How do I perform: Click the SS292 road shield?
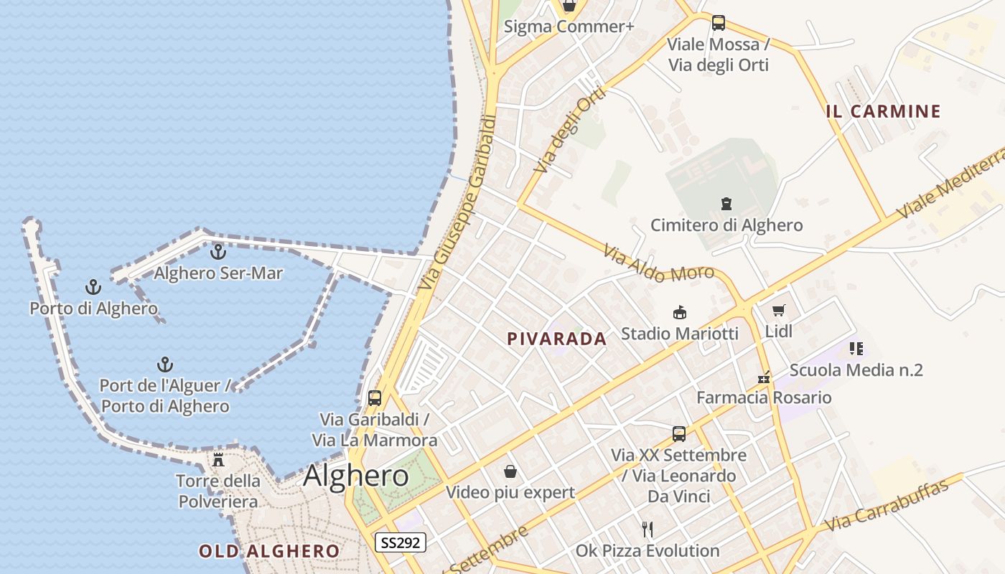click(x=401, y=542)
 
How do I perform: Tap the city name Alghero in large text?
click(x=356, y=476)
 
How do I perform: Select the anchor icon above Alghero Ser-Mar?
click(x=218, y=252)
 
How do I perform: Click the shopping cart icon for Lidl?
click(x=779, y=311)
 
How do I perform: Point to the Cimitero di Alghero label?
click(x=726, y=225)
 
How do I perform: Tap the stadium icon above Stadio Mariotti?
click(x=679, y=312)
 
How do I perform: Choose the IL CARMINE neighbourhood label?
click(x=883, y=111)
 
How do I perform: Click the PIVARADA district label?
click(x=557, y=339)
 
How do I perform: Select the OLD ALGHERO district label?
click(x=269, y=551)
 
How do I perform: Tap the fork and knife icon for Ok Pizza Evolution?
click(x=648, y=530)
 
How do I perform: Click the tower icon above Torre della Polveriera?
click(x=218, y=459)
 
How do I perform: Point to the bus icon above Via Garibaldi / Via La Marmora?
click(x=374, y=397)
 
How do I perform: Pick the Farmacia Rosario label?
click(x=764, y=397)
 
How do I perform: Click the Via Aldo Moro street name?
click(x=658, y=263)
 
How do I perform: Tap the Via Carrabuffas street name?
click(x=887, y=505)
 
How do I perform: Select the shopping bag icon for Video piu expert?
click(x=510, y=471)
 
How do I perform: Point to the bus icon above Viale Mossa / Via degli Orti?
click(x=719, y=23)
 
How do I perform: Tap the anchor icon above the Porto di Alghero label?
click(x=93, y=288)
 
